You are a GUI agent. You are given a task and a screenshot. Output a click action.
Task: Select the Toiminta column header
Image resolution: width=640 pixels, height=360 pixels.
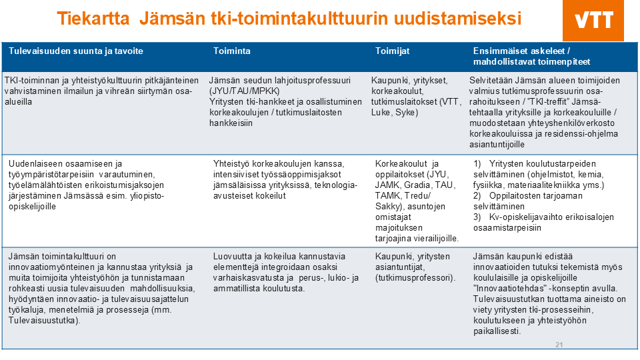(231, 51)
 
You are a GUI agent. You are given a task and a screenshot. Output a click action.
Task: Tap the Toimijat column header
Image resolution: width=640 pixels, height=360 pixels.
(393, 51)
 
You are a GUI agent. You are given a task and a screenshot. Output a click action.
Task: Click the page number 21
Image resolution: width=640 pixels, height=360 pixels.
(559, 345)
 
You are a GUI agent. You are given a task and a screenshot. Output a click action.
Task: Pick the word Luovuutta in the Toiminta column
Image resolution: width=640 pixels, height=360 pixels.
(232, 255)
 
